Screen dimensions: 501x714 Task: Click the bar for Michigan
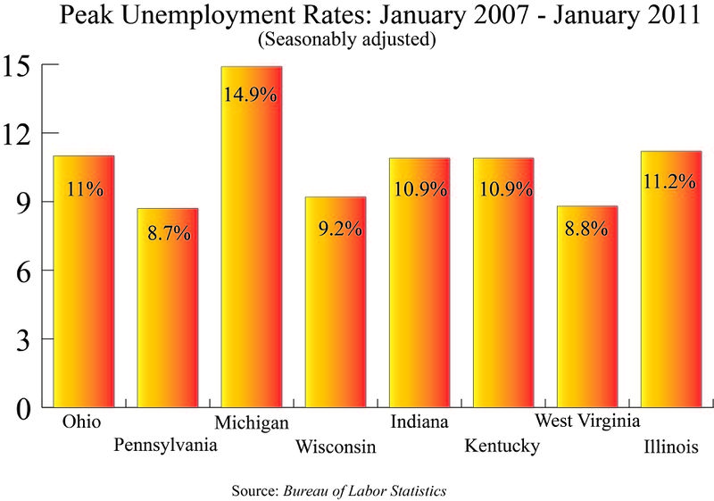[x=251, y=268]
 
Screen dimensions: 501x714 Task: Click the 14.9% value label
[x=251, y=95]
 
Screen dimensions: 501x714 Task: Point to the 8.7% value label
[x=167, y=237]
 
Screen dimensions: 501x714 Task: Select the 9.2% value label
[x=336, y=228]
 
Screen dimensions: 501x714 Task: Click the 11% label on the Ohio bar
[x=84, y=189]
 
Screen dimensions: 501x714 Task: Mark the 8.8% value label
[x=586, y=228]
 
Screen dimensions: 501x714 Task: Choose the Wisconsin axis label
[x=336, y=446]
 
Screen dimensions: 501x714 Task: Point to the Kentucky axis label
[x=502, y=446]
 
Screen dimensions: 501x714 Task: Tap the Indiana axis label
[x=419, y=422]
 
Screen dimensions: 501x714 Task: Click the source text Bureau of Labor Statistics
[x=364, y=490]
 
